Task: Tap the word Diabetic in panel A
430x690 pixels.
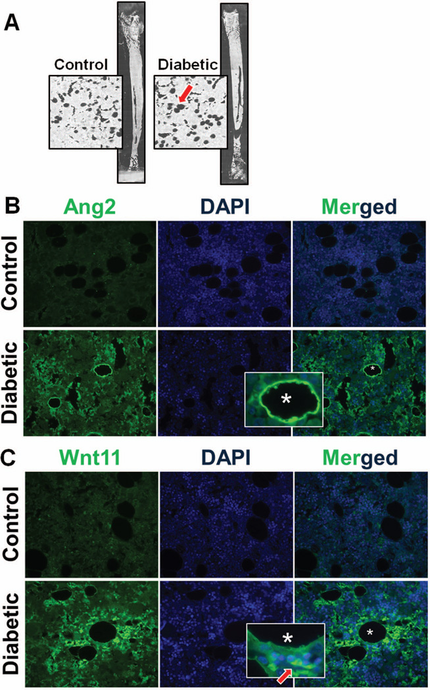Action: (184, 66)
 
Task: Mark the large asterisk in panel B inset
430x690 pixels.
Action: (287, 398)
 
